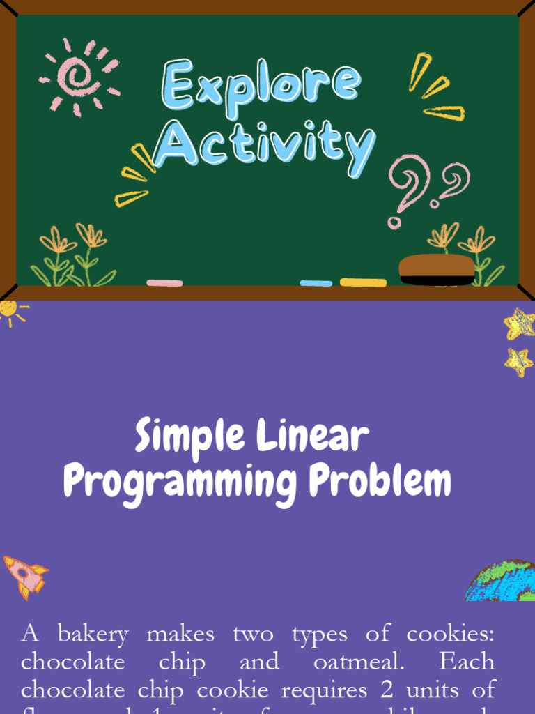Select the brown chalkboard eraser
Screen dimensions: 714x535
pos(437,269)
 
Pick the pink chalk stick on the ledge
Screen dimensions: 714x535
pos(164,283)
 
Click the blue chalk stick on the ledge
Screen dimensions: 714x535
pos(316,283)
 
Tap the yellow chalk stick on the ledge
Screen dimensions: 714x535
pos(363,282)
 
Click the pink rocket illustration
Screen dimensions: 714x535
pos(25,576)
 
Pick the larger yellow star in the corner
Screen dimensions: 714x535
pos(520,323)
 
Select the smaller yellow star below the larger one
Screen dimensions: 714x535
pos(518,362)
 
